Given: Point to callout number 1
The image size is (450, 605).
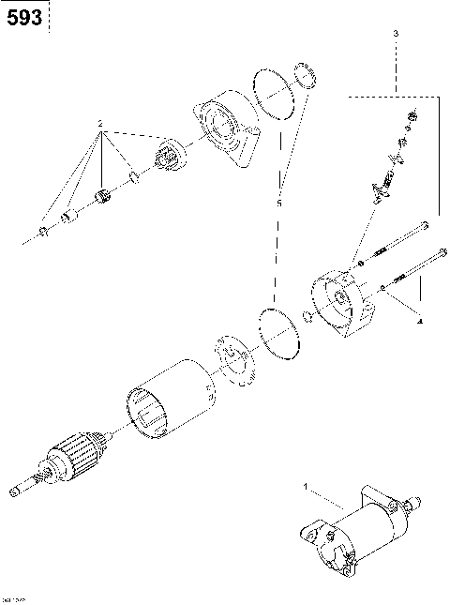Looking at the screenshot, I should pyautogui.click(x=305, y=486).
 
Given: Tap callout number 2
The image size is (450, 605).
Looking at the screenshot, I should pyautogui.click(x=100, y=123).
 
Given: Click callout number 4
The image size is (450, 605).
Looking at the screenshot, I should pyautogui.click(x=419, y=321).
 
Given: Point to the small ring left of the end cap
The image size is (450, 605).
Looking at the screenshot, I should pyautogui.click(x=307, y=314).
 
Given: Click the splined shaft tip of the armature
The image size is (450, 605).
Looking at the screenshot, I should pyautogui.click(x=16, y=490).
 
